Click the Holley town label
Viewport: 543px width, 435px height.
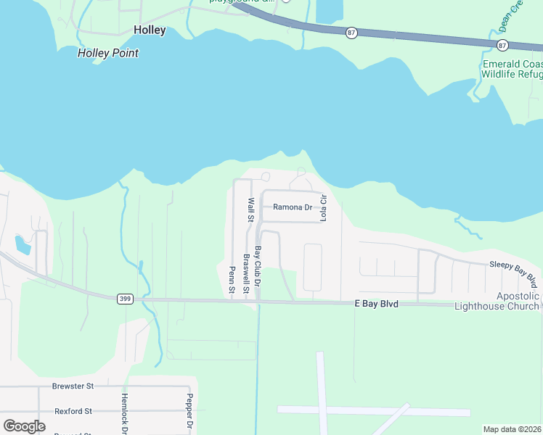(x=150, y=30)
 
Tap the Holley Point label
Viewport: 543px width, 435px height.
(x=107, y=53)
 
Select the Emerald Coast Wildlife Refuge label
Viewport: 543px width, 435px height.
(x=512, y=68)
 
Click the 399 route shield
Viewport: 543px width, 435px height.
(x=125, y=298)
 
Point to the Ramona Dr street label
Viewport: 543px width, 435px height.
(x=292, y=207)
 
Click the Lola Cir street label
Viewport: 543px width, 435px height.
(x=324, y=207)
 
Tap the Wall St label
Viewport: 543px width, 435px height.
(x=250, y=210)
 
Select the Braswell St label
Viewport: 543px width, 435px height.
(x=246, y=273)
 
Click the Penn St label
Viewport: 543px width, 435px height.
(x=232, y=280)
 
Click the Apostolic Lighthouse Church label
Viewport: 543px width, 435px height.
(x=497, y=301)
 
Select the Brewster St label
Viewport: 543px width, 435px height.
(x=73, y=386)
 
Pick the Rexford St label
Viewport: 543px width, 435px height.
(x=73, y=411)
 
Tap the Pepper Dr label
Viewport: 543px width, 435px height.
(x=189, y=413)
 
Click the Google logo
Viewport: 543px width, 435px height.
(x=25, y=426)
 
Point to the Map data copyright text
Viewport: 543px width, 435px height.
(x=512, y=429)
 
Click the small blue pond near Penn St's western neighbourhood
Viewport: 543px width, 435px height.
(x=23, y=244)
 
